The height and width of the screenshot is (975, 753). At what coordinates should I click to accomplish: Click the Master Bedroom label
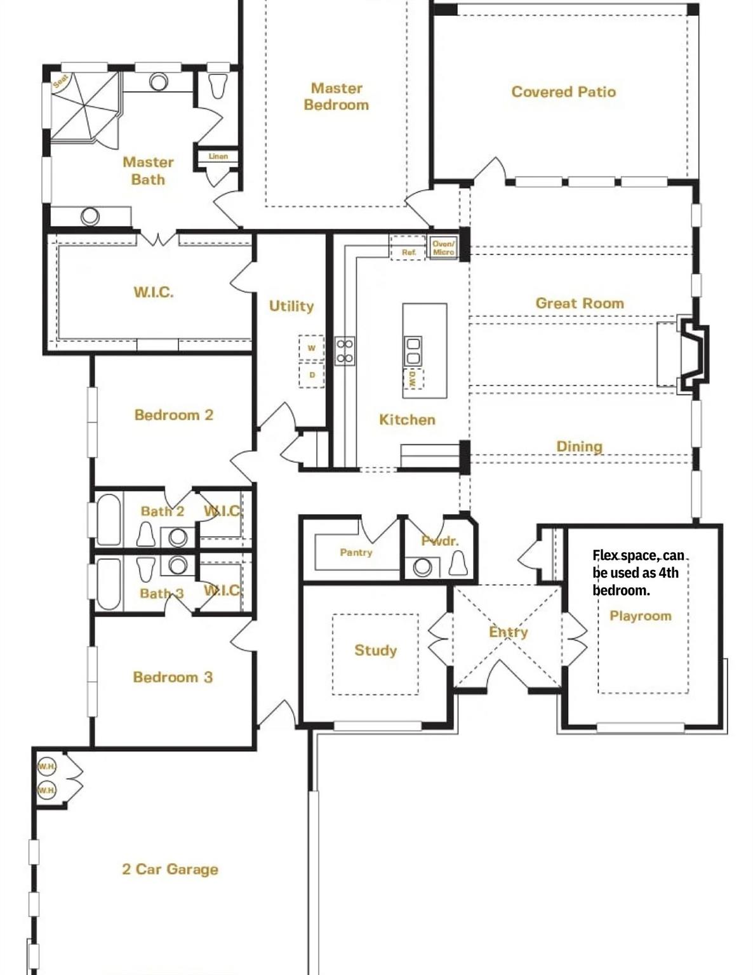(336, 96)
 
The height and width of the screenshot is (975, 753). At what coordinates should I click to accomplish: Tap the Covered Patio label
(563, 92)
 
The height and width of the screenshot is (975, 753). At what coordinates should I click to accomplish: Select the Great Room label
(579, 303)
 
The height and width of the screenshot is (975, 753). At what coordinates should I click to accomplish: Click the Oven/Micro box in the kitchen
(443, 248)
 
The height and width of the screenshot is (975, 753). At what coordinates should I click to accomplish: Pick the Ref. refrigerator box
(408, 251)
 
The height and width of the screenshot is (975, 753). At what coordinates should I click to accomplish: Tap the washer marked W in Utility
(311, 348)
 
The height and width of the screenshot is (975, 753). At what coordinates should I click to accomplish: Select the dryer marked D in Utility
(311, 375)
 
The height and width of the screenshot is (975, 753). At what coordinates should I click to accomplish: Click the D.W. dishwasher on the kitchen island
(413, 380)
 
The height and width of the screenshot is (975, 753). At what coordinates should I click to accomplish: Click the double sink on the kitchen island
(413, 350)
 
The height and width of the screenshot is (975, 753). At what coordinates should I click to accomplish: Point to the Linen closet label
(218, 156)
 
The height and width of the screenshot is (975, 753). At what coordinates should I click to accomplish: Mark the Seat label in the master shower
(60, 81)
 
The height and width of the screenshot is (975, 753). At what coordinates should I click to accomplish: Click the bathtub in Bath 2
(109, 519)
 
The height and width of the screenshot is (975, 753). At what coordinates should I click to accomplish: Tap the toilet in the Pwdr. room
(458, 562)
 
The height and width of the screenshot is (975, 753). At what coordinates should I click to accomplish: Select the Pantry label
(356, 552)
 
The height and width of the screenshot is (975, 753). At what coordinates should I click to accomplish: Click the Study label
(375, 650)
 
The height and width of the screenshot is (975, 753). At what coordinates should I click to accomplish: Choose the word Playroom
(640, 616)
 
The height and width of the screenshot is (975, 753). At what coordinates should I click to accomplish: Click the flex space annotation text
(637, 573)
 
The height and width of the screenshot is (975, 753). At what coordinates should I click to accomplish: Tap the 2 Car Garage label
(170, 869)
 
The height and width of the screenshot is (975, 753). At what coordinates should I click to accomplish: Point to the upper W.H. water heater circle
(46, 766)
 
